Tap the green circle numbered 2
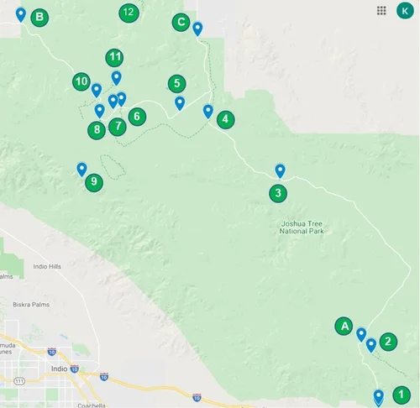coord(387,341)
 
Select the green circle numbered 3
coord(278,193)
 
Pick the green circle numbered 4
coord(225,119)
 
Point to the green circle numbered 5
coord(176,83)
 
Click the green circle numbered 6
coord(137,117)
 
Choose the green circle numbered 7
coord(117,127)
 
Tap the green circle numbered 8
coord(97,129)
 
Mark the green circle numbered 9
coord(93,181)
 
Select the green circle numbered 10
coord(81,81)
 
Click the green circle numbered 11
coord(115,58)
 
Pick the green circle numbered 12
coord(128,12)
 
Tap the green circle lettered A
coord(343,326)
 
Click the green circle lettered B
coord(39,18)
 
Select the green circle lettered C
coord(180,23)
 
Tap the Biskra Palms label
coord(31,304)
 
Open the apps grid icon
coord(381,10)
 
